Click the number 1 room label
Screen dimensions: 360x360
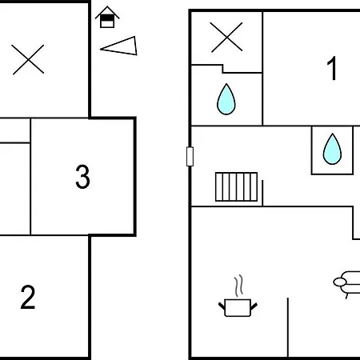(332, 68)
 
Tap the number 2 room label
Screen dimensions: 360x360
(28, 297)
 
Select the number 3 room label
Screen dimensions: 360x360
(82, 177)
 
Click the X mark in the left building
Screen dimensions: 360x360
(28, 59)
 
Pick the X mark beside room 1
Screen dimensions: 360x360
(226, 37)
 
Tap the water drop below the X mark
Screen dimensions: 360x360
(226, 99)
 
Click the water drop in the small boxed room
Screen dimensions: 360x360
(332, 149)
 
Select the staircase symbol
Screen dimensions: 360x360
(236, 186)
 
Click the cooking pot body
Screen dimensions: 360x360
(238, 308)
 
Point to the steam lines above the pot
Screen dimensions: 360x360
(239, 286)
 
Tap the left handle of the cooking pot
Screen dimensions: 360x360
(222, 306)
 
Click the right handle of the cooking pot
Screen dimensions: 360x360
(254, 306)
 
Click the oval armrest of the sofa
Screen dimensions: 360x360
(340, 282)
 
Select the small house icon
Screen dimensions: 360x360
(107, 17)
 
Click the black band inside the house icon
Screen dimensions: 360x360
(107, 18)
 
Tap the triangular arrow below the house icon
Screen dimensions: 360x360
(119, 46)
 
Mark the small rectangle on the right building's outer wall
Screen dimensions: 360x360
(190, 157)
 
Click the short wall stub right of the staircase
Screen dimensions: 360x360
(262, 193)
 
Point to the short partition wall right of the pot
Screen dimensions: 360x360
(288, 327)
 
